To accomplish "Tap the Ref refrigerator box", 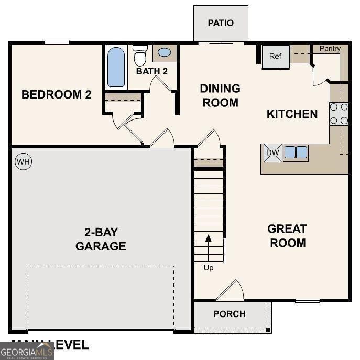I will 276,56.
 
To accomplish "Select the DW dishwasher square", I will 272,152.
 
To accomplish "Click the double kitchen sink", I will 295,152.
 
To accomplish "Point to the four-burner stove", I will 339,114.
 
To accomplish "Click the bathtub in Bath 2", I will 116,67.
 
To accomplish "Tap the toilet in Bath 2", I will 140,55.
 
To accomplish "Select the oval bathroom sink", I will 165,53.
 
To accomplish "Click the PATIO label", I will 221,23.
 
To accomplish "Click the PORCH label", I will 230,314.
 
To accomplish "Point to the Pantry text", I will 330,49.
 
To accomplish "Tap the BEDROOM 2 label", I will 57,95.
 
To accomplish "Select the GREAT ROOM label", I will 287,236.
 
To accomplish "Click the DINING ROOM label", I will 220,95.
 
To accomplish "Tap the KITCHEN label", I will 292,114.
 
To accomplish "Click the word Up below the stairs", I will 209,268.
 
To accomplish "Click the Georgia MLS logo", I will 26,351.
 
